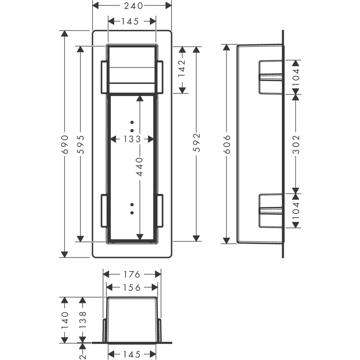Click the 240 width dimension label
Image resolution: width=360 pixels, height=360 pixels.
[x=133, y=6]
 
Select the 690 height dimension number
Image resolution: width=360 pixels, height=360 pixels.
[x=65, y=144]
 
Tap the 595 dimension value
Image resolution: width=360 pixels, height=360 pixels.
[x=81, y=144]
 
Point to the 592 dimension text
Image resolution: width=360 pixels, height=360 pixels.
[x=197, y=142]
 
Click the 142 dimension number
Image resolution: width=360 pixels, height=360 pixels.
[x=182, y=69]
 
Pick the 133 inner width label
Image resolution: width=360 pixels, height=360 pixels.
[x=132, y=139]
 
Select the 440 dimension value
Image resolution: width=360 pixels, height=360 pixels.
[x=140, y=167]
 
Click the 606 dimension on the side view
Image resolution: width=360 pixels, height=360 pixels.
[x=227, y=144]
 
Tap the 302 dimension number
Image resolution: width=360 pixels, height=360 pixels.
[x=296, y=144]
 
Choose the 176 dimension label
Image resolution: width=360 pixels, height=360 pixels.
[x=132, y=274]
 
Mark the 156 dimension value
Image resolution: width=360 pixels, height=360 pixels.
[x=132, y=288]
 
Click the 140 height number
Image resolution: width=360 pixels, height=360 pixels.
[x=65, y=320]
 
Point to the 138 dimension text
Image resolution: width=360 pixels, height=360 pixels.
[x=82, y=320]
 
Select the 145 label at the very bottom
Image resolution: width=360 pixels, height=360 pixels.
[x=132, y=354]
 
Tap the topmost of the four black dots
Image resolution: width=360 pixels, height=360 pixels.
[x=132, y=122]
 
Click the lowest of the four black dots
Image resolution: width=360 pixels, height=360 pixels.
[x=132, y=213]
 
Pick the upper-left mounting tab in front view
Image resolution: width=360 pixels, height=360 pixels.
[x=104, y=77]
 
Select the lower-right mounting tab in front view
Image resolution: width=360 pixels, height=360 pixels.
[x=160, y=211]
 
